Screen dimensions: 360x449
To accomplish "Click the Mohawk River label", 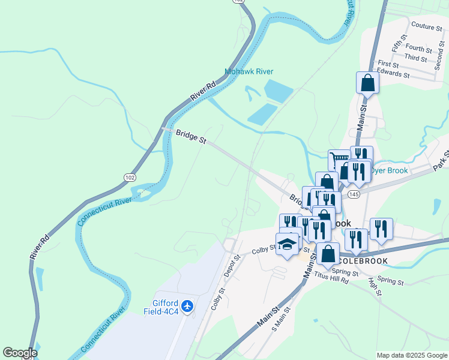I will click(249, 71).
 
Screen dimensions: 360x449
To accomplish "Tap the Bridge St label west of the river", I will click(191, 137).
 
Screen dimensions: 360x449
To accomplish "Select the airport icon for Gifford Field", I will click(188, 307).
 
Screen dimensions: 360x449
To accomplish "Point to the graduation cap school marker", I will click(287, 244).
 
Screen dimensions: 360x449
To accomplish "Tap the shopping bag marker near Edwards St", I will click(367, 83).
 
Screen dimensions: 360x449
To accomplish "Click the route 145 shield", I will click(354, 194).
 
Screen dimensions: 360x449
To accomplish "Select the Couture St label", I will click(427, 26).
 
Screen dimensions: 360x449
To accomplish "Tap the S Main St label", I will click(281, 319).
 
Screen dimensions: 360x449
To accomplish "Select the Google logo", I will click(20, 353).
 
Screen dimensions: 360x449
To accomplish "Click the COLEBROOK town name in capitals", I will click(363, 261).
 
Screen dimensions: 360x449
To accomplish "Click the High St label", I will click(377, 287).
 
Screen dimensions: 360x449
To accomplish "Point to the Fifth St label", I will click(396, 43).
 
